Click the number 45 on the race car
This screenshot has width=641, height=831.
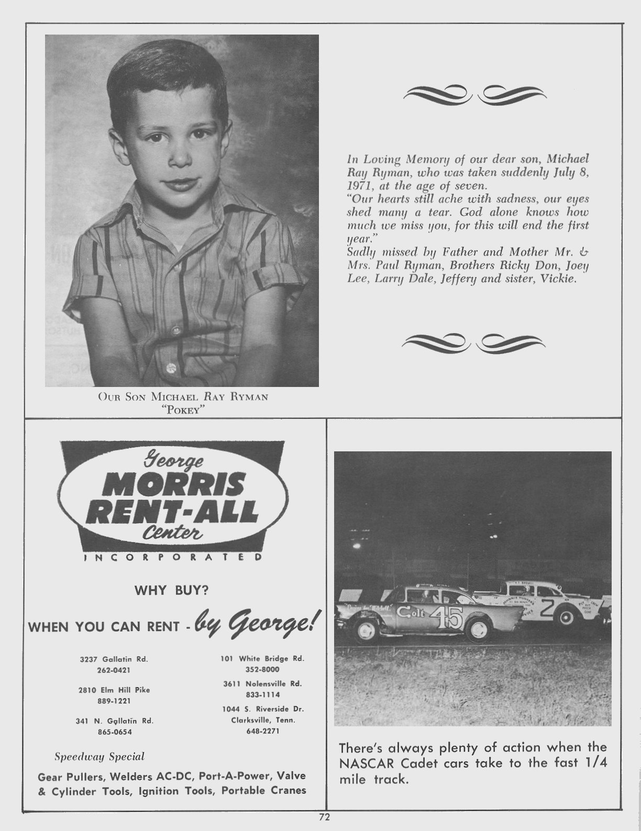448,617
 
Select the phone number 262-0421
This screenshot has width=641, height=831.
114,670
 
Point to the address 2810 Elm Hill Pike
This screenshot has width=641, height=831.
114,690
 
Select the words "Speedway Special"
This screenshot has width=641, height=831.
100,757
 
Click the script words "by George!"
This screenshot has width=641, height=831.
254,622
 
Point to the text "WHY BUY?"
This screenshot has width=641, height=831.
172,591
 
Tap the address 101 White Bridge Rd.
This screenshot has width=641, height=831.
262,659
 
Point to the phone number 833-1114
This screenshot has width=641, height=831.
262,694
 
